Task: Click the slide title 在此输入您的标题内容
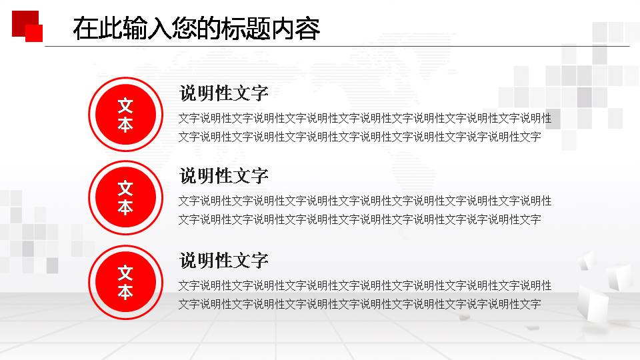(197, 29)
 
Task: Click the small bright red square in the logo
(35, 34)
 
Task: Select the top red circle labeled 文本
(125, 115)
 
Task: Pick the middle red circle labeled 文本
(125, 198)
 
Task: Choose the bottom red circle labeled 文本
(125, 283)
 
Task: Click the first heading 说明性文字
(223, 93)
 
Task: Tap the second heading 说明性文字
(223, 176)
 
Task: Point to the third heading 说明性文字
(223, 260)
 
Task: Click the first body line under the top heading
(365, 119)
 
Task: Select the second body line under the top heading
(359, 137)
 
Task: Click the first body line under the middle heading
(365, 201)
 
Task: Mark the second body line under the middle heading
(359, 219)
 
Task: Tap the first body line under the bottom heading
(365, 285)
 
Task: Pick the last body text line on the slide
(359, 304)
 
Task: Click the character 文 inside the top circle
(125, 106)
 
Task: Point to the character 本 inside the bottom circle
(125, 293)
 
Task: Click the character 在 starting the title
(85, 29)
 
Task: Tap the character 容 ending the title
(307, 29)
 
